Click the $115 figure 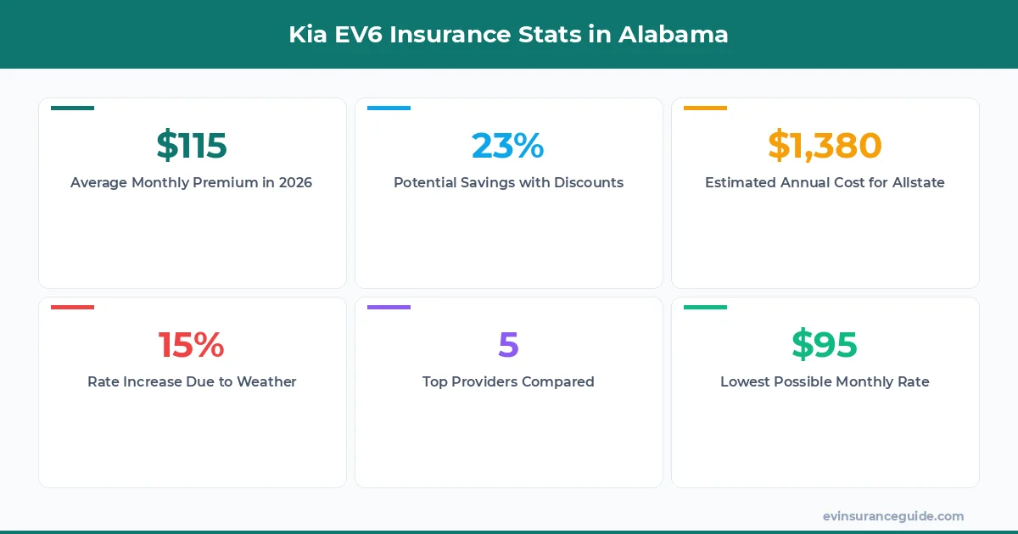point(192,146)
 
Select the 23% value point(508,146)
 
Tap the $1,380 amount point(825,146)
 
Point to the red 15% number point(192,345)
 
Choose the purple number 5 point(508,345)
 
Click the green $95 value point(825,345)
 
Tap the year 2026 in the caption point(295,183)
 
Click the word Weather point(266,382)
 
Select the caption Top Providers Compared point(508,382)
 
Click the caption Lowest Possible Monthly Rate point(825,382)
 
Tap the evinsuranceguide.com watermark point(893,516)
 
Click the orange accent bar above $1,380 point(705,108)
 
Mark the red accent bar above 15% point(72,308)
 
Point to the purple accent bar point(389,308)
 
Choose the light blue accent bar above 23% point(389,108)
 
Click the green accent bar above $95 point(705,308)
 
